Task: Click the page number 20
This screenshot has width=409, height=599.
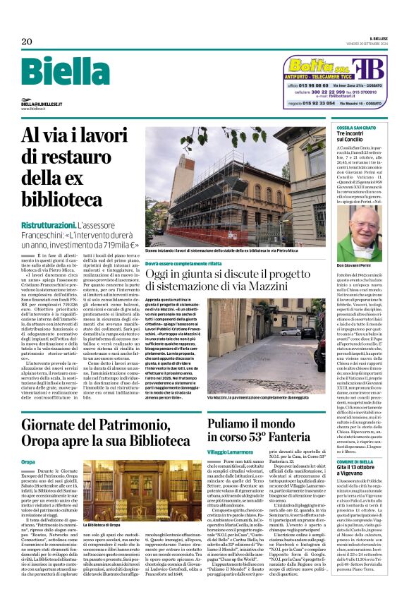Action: point(26,40)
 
